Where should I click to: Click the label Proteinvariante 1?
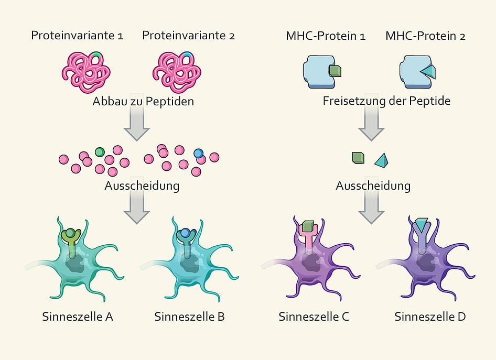coord(77,36)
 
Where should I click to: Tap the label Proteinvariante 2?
coord(189,36)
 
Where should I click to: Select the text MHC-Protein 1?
coord(326,36)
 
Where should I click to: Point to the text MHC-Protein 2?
coord(425,36)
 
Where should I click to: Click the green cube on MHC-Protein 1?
coord(335,71)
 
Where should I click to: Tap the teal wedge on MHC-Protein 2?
coord(428,71)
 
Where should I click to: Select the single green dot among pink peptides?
coord(100,152)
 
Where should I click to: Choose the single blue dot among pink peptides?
coord(198,153)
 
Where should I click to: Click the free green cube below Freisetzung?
coord(359,157)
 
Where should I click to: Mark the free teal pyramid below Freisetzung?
coord(381,159)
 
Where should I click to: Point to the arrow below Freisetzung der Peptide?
coord(371,126)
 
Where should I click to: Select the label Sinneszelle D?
coord(430,317)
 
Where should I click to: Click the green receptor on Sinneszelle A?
coord(70,239)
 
